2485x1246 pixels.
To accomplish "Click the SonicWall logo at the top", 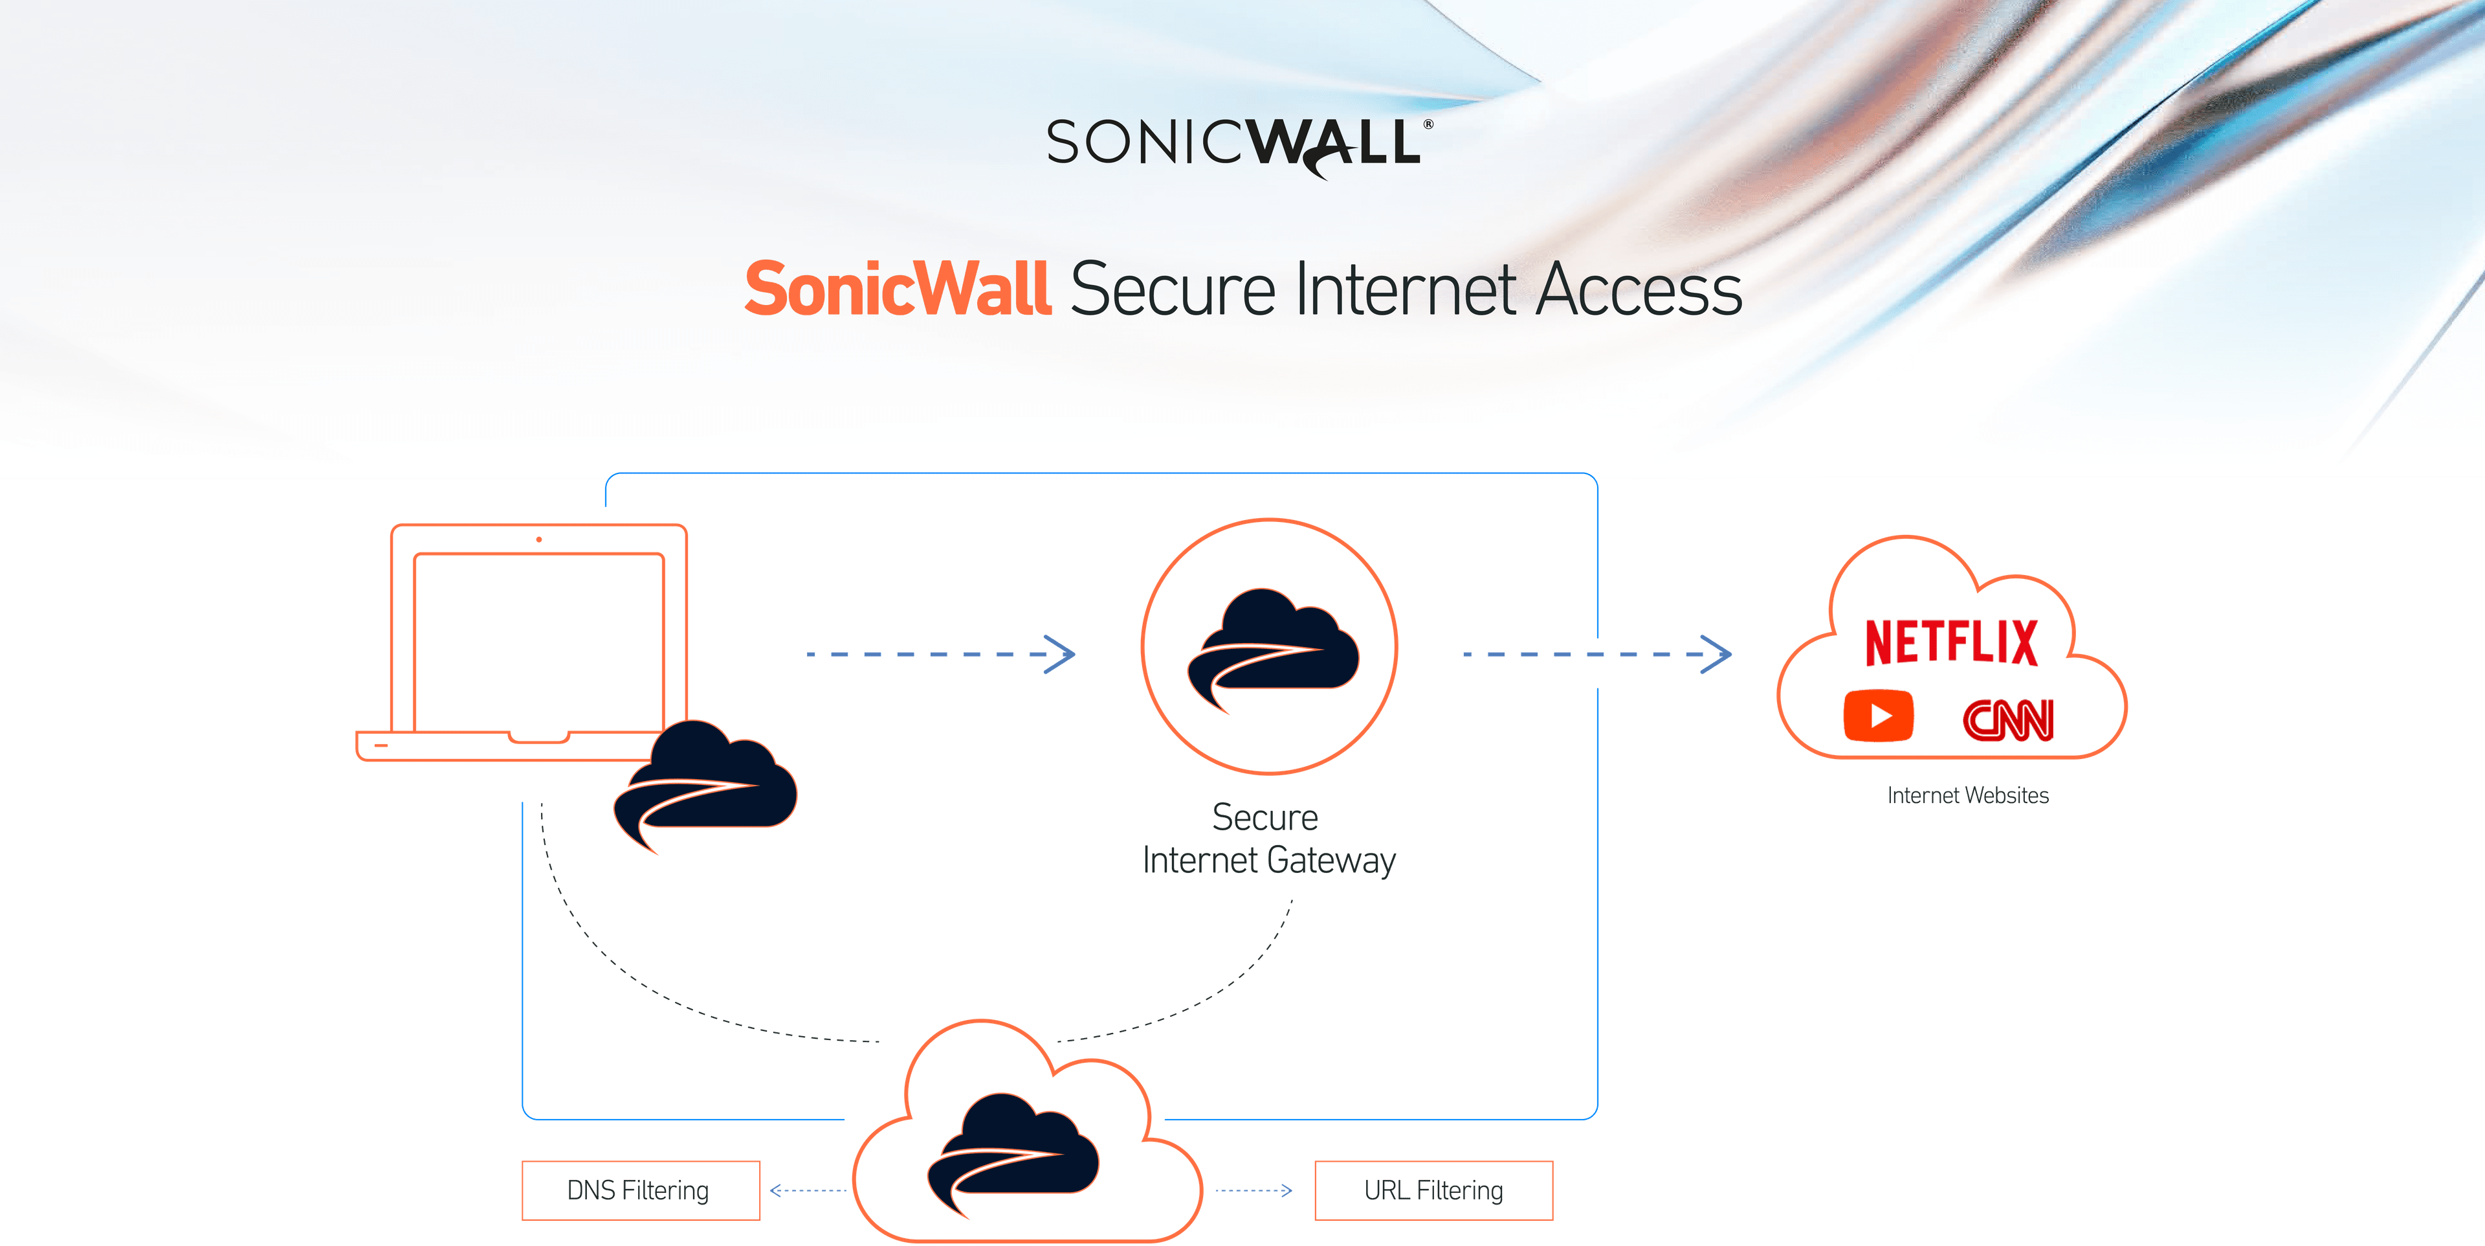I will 1238,145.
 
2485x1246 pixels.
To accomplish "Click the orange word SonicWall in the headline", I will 897,289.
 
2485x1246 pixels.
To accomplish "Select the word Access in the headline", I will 1638,289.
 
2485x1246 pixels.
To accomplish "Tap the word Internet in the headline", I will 1406,289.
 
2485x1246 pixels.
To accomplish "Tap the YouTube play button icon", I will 1878,716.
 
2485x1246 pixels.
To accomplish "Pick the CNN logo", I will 2009,719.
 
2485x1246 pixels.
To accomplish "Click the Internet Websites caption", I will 1967,795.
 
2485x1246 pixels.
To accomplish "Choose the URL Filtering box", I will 1433,1190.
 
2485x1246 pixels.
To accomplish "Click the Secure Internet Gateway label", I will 1268,839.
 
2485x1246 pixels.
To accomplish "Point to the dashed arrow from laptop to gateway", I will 940,653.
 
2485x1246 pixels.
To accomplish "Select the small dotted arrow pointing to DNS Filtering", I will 808,1190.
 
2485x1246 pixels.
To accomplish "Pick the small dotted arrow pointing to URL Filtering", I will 1253,1190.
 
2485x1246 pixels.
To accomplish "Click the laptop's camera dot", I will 538,539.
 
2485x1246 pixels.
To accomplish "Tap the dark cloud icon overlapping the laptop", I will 709,782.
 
